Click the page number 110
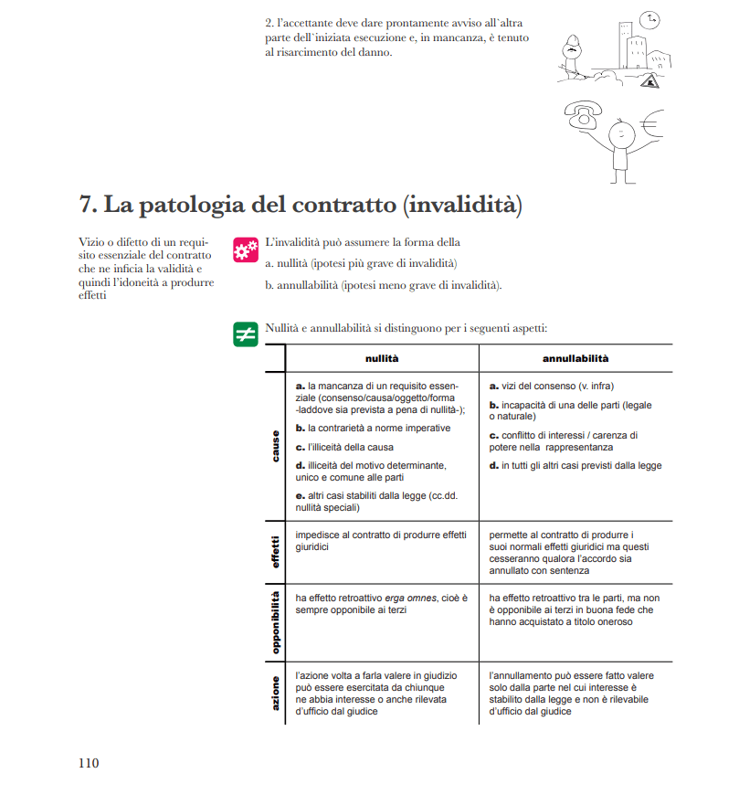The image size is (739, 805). [x=88, y=763]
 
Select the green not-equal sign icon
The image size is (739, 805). [x=245, y=334]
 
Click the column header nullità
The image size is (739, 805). [x=382, y=358]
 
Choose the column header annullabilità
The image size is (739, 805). [x=575, y=358]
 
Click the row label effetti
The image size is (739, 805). [x=275, y=551]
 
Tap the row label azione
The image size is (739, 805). [x=275, y=692]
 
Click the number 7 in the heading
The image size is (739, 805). [x=88, y=205]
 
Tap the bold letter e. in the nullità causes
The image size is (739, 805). [x=301, y=495]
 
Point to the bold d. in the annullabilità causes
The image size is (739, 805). [x=493, y=466]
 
